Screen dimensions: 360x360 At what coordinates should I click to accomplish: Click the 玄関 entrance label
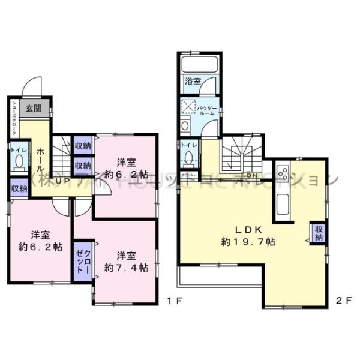click(x=33, y=109)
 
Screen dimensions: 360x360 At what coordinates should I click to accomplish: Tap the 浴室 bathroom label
click(x=192, y=81)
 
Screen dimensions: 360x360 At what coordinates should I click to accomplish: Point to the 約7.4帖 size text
click(x=126, y=268)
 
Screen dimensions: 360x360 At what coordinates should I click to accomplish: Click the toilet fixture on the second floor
click(x=190, y=158)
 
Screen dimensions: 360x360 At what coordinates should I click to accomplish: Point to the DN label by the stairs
click(x=253, y=176)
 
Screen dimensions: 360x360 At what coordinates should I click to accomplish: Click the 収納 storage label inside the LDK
click(x=318, y=233)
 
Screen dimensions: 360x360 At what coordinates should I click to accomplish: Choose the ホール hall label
click(x=40, y=159)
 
